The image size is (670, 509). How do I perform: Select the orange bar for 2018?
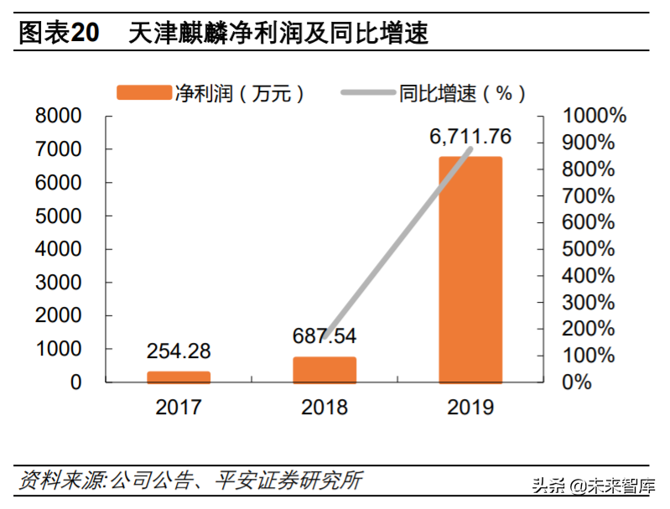(325, 370)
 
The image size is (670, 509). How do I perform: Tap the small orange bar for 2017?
(179, 377)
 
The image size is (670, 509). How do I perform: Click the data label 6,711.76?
(470, 137)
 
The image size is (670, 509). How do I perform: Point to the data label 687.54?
(325, 336)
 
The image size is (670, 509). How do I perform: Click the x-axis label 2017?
(179, 408)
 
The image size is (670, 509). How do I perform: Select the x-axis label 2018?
(325, 408)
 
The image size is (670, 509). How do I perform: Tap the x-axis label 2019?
(470, 408)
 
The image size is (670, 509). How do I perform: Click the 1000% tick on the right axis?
(594, 116)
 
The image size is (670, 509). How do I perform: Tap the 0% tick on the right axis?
(577, 382)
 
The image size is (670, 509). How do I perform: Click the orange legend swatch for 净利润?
(143, 93)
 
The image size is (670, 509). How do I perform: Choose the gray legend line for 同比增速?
(367, 93)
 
